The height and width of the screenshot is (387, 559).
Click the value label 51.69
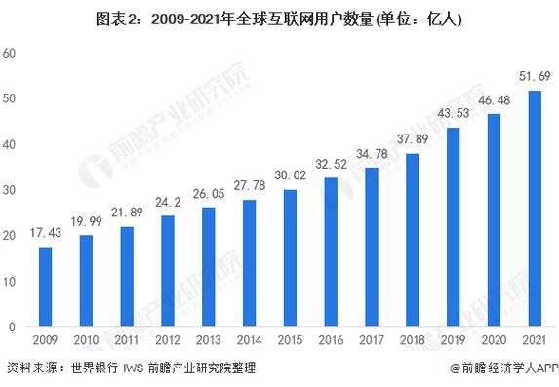tap(534, 75)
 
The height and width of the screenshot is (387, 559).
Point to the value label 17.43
tap(45, 232)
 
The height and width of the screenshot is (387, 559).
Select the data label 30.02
tap(290, 174)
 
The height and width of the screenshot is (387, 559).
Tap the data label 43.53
tap(453, 113)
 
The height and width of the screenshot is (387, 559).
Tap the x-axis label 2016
tap(331, 341)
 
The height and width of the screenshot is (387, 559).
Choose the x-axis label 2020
tap(494, 341)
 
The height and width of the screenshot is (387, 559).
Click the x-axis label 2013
tap(208, 341)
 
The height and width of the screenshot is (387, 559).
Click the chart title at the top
tap(279, 18)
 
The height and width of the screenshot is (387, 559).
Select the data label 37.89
tap(412, 139)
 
